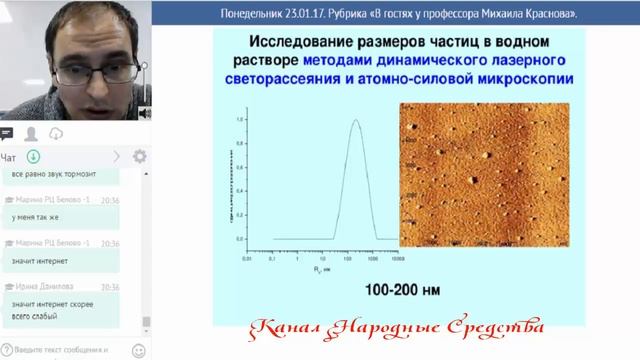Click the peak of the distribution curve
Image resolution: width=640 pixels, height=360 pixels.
click(354, 121)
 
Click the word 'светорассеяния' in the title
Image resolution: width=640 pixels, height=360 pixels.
click(321, 78)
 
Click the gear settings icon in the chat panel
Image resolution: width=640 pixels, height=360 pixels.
click(139, 157)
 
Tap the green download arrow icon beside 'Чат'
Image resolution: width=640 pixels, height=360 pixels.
click(33, 157)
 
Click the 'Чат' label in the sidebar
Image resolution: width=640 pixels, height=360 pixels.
click(9, 157)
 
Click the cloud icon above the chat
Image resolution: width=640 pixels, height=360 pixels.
click(57, 133)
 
